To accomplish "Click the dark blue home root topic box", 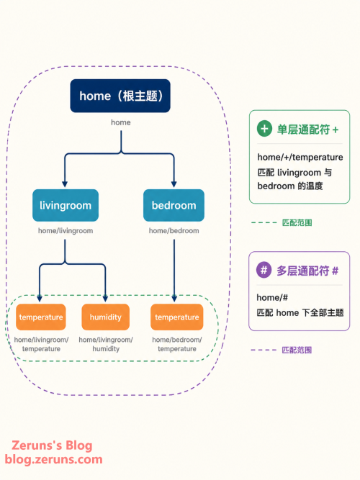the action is [120, 96].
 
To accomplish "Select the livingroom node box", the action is [66, 205].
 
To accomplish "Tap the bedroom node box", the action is [174, 205].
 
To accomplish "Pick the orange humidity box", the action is [105, 317].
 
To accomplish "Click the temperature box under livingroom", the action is [41, 317].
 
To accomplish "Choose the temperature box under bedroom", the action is [177, 317].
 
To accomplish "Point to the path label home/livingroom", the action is [66, 231].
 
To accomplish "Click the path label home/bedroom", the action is [174, 231].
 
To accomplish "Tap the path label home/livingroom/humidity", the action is [106, 344].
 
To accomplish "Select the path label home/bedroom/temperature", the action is [177, 344].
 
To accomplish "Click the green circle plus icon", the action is [264, 129].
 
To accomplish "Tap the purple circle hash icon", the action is [264, 270].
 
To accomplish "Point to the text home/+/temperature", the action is [300, 157].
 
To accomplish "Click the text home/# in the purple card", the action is [272, 297].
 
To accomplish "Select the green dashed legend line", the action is [264, 222].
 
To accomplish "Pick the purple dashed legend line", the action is [264, 350].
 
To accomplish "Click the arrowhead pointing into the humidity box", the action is [105, 299].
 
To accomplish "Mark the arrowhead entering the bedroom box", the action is [174, 184].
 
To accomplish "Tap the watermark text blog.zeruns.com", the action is [53, 459].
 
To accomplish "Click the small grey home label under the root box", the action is [121, 122].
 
